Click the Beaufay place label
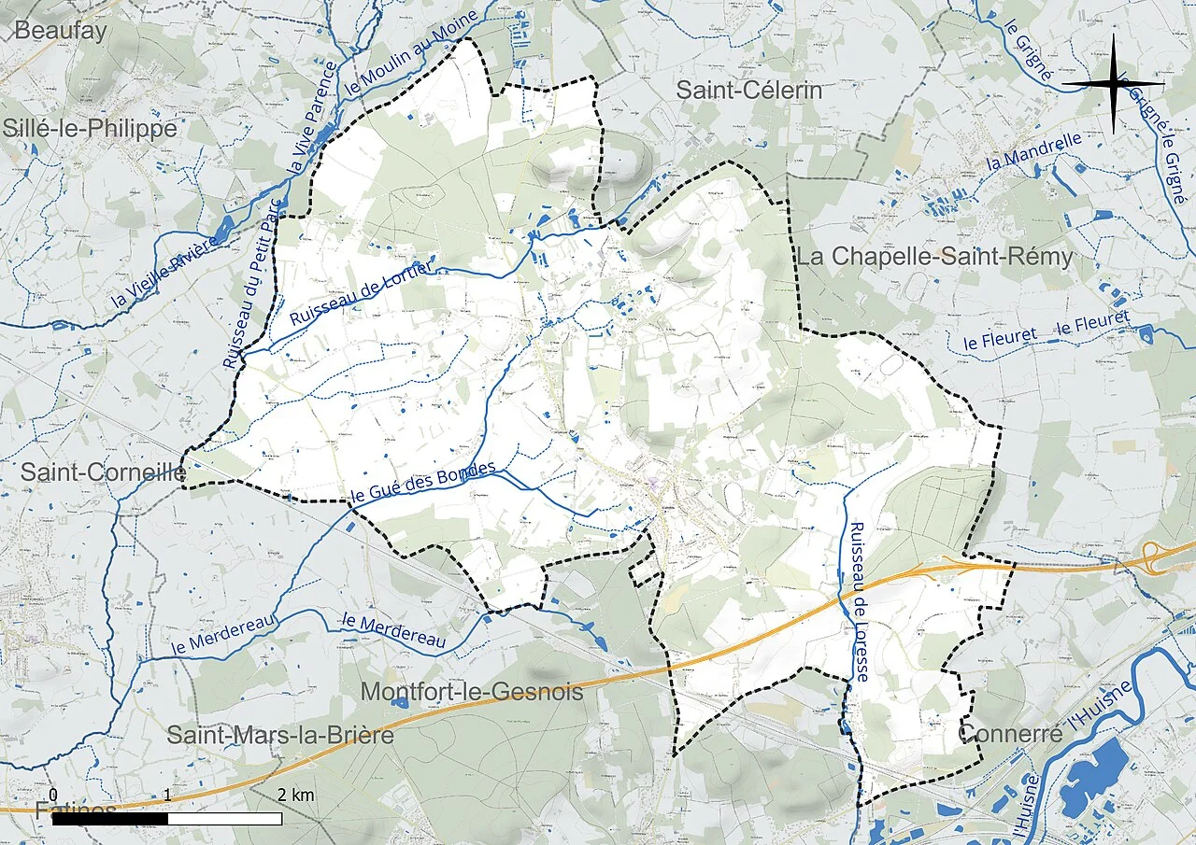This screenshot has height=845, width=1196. [x=62, y=30]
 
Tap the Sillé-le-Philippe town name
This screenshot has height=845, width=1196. [x=90, y=129]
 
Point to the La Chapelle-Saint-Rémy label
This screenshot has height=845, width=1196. [x=933, y=257]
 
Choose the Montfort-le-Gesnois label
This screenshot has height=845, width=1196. [x=471, y=692]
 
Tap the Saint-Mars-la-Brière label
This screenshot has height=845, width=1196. [x=279, y=736]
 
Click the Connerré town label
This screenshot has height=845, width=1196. [x=1010, y=734]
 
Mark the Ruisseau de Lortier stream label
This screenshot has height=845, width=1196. [x=362, y=293]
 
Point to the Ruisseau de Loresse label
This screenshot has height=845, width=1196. [x=859, y=601]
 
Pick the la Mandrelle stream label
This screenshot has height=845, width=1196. [x=1033, y=151]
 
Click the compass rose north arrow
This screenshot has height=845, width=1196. [x=1113, y=82]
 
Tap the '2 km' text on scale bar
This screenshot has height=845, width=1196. [x=296, y=796]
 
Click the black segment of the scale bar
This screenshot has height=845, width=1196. [x=109, y=819]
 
